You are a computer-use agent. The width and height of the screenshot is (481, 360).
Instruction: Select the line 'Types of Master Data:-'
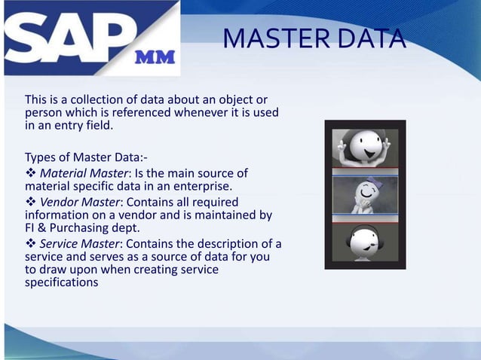click(x=86, y=157)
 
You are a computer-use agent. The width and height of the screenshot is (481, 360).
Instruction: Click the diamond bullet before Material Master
click(x=30, y=173)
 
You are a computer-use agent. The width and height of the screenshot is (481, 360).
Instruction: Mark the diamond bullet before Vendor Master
click(x=30, y=202)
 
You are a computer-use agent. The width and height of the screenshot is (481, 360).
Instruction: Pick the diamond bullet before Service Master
click(x=30, y=243)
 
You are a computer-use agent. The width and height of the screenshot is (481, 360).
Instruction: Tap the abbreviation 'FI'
click(x=30, y=228)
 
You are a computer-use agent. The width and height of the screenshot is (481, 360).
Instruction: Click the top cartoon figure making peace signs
click(x=365, y=147)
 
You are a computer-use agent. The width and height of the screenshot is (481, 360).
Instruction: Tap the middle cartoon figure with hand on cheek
click(x=365, y=194)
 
